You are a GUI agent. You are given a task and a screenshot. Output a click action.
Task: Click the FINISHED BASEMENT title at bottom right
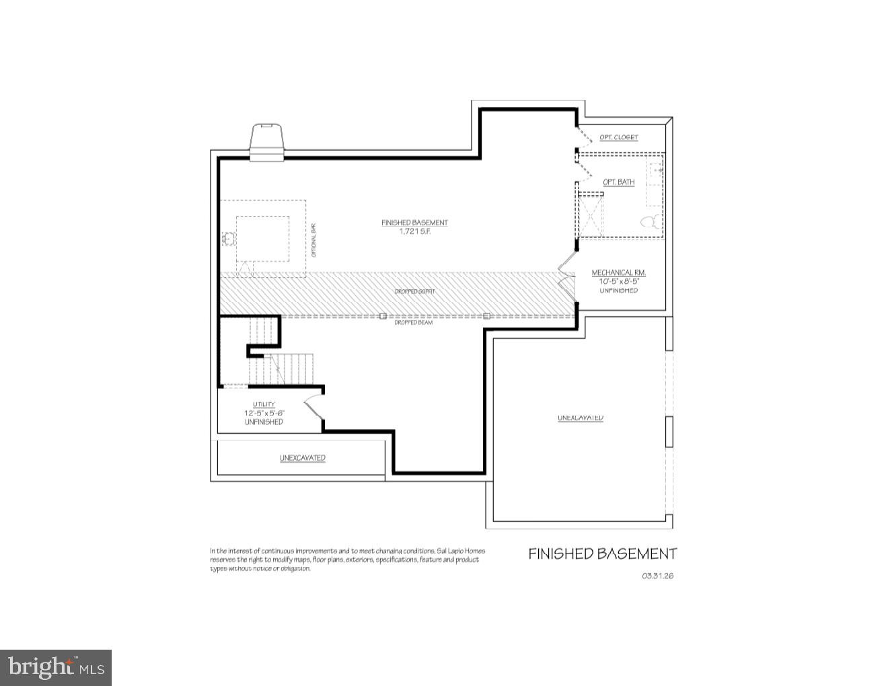click(602, 554)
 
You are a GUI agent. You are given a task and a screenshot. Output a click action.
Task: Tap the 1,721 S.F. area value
click(414, 231)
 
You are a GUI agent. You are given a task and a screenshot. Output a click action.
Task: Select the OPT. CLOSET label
click(619, 137)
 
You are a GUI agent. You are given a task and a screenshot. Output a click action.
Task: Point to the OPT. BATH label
click(618, 182)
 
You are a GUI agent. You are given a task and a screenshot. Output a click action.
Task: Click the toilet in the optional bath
click(649, 221)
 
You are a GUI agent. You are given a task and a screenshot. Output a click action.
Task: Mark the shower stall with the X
click(591, 215)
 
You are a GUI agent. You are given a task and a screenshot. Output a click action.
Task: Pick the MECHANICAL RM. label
click(618, 273)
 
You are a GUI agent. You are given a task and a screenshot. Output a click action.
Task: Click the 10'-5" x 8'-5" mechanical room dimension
click(618, 281)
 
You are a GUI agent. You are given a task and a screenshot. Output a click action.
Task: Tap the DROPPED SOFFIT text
click(414, 291)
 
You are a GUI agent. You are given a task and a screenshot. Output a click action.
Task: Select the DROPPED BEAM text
click(414, 323)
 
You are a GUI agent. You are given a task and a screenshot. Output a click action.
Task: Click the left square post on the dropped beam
click(382, 315)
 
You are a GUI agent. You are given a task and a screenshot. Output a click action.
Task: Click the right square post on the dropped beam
click(486, 315)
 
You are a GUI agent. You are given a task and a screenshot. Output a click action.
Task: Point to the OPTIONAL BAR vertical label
click(313, 240)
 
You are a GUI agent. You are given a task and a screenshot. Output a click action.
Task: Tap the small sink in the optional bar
click(228, 237)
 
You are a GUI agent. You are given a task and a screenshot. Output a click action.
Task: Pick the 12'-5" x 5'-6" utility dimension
click(264, 413)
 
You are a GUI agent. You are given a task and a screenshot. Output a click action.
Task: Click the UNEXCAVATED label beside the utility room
click(303, 458)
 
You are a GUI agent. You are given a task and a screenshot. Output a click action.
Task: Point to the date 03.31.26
click(657, 576)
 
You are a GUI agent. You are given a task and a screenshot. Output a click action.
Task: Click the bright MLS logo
click(56, 667)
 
